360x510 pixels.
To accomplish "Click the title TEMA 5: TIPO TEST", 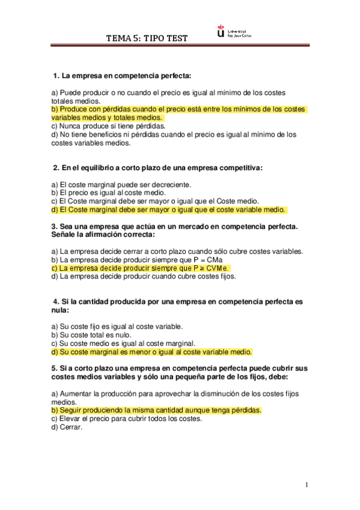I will [147, 38].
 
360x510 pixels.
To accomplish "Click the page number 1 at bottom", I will [307, 485].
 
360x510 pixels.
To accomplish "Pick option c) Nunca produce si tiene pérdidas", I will [108, 126].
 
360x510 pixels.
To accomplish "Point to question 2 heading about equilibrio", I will [158, 167].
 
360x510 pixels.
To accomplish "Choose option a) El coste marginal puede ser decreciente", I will [121, 184].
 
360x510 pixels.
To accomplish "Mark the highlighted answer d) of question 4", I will [151, 352].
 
